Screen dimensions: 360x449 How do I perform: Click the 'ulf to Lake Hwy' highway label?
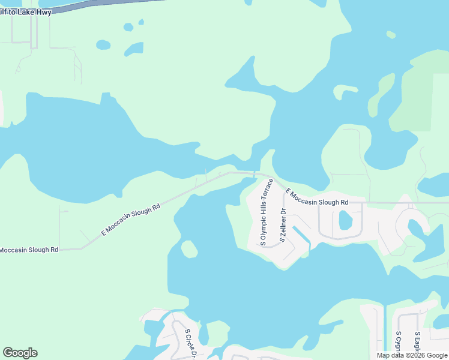click(x=26, y=11)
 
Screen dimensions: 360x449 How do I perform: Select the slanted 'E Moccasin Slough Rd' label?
click(x=131, y=220)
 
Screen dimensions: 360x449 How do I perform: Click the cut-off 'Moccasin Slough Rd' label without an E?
click(x=29, y=249)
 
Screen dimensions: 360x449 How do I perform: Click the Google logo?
click(x=20, y=352)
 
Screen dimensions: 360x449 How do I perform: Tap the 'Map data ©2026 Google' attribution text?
click(x=412, y=355)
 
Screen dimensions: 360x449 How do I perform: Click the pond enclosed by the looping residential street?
click(x=345, y=220)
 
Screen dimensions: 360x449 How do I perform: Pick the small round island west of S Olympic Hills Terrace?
click(x=189, y=249)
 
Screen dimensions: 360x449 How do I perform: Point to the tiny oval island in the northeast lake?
click(x=391, y=34)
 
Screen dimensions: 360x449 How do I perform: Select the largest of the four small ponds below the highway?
click(x=134, y=48)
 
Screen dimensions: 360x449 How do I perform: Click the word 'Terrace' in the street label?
click(x=270, y=190)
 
